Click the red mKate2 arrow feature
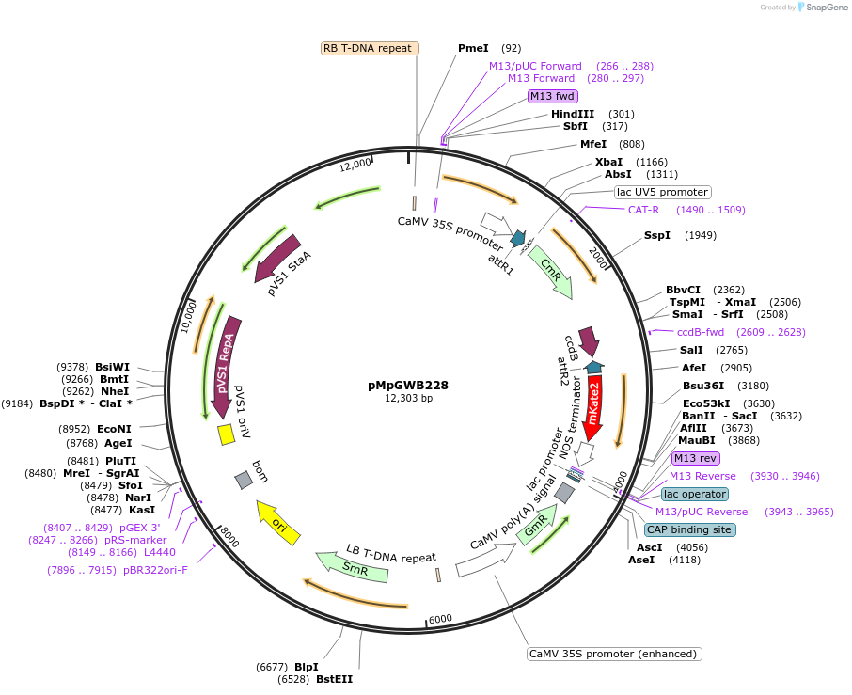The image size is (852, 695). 596,406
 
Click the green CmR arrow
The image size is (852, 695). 551,273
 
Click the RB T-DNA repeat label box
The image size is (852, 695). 369,48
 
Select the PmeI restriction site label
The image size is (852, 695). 473,48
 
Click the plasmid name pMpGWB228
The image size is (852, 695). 408,385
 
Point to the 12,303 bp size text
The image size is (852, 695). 408,399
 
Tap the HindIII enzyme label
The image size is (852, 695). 579,114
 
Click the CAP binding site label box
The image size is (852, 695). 689,529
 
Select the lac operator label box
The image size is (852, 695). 694,494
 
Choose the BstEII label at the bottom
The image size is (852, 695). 334,678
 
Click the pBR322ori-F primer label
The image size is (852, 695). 149,569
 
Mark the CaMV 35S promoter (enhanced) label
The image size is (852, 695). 614,654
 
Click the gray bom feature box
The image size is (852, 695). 244,480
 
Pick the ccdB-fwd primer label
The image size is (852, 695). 701,332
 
